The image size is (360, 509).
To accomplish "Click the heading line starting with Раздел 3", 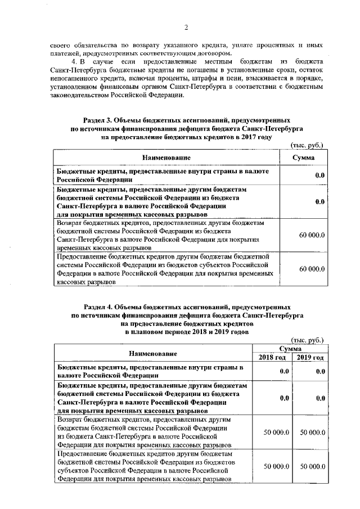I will [186, 120].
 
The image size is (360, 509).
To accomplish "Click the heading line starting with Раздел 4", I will [186, 308].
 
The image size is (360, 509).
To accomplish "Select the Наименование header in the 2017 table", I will [166, 157].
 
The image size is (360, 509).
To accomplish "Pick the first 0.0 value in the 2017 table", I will [319, 176].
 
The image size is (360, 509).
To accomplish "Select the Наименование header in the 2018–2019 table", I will [152, 353].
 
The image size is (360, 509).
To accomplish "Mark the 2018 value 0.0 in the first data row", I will [284, 371].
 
